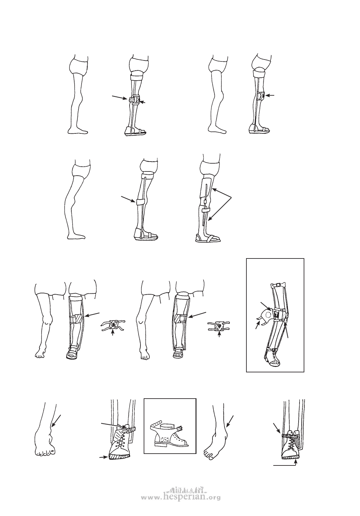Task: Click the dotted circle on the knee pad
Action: pyautogui.click(x=268, y=314)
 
